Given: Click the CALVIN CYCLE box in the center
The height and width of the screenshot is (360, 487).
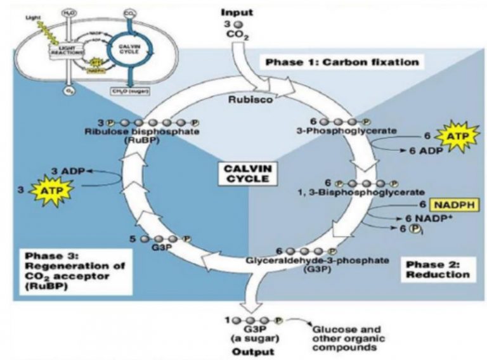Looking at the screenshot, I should [244, 174].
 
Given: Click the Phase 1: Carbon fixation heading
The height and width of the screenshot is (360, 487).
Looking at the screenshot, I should [342, 62].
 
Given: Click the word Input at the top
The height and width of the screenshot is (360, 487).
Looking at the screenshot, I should [237, 11].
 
